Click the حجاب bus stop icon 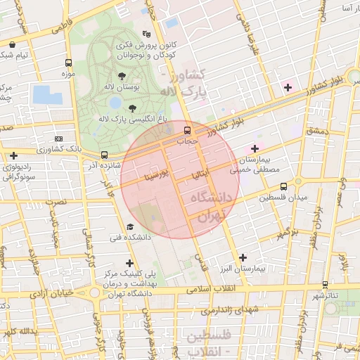[x=188, y=130]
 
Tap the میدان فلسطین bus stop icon [x=283, y=186]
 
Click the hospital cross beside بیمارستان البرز [x=243, y=258]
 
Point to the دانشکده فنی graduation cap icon [x=130, y=227]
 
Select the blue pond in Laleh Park [x=47, y=95]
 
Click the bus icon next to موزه [x=67, y=63]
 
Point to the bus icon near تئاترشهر [x=325, y=285]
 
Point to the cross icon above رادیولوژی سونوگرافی [x=14, y=155]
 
